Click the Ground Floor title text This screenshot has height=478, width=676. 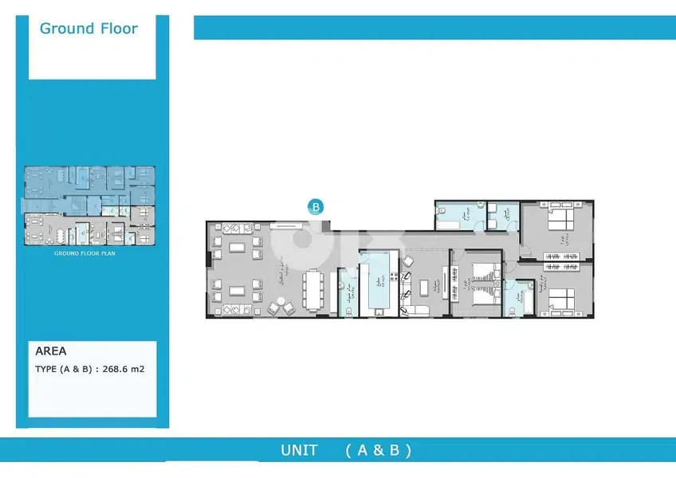[88, 29]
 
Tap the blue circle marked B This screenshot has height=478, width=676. [316, 206]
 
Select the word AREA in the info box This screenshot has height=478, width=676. [52, 351]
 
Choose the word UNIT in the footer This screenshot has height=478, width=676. [299, 450]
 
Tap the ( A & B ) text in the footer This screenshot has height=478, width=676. [379, 450]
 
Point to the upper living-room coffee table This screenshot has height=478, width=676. [238, 248]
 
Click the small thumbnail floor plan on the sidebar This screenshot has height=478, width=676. [88, 206]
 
